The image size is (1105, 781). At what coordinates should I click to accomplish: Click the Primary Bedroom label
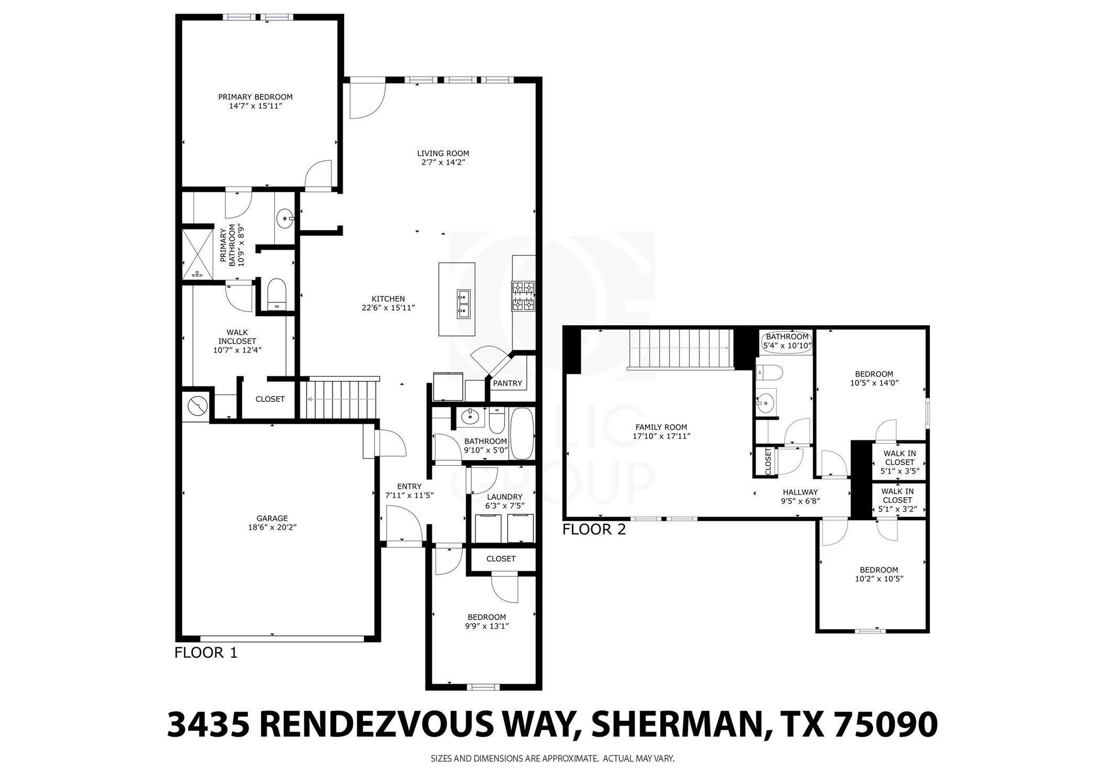pyautogui.click(x=255, y=97)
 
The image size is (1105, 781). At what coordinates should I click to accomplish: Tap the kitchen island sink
pyautogui.click(x=463, y=304)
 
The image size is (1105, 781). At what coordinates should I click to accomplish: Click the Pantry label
pyautogui.click(x=507, y=383)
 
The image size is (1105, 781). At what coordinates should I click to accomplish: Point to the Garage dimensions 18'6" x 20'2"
pyautogui.click(x=272, y=527)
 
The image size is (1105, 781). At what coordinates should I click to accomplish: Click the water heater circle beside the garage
pyautogui.click(x=198, y=405)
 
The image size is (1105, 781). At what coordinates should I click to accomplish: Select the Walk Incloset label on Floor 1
pyautogui.click(x=237, y=336)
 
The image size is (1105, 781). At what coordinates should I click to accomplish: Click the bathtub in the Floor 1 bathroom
pyautogui.click(x=521, y=433)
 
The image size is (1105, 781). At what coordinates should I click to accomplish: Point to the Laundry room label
pyautogui.click(x=505, y=497)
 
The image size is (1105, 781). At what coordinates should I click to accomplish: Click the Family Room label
pyautogui.click(x=661, y=427)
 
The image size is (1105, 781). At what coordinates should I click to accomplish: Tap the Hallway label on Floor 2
pyautogui.click(x=800, y=492)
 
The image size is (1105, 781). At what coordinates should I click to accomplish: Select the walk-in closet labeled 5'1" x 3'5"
pyautogui.click(x=899, y=462)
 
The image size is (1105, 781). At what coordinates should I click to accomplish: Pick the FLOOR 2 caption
pyautogui.click(x=594, y=530)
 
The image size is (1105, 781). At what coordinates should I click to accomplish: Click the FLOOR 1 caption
pyautogui.click(x=205, y=653)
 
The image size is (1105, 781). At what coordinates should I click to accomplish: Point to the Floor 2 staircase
pyautogui.click(x=680, y=348)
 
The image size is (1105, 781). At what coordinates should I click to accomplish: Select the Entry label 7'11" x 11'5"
pyautogui.click(x=409, y=486)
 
